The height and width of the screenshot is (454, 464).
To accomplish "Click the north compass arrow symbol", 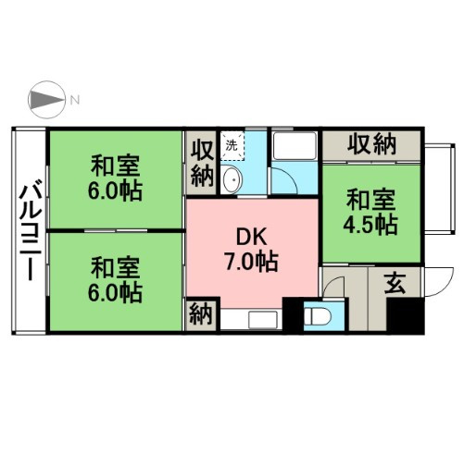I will (46, 99).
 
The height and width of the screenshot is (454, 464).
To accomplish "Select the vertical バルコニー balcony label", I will (29, 231).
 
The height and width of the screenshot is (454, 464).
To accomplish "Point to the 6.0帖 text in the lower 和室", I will (116, 294).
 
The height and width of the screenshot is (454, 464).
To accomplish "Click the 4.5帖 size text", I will (373, 225).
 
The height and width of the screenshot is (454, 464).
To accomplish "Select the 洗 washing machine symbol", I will (233, 144).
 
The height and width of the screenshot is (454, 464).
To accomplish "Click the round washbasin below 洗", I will (233, 178).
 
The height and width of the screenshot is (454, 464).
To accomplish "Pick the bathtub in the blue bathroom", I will (295, 147).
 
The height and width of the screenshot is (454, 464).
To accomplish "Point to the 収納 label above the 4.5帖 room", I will (372, 144).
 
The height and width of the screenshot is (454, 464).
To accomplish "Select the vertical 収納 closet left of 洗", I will (201, 162).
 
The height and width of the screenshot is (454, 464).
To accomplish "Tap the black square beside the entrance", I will (404, 317).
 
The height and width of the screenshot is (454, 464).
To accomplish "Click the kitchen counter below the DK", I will (250, 318).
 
